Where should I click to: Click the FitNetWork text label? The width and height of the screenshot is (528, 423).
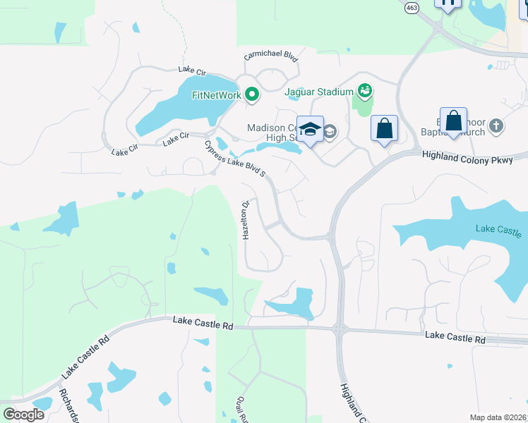point(216,95)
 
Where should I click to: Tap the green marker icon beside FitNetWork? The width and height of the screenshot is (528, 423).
point(251,95)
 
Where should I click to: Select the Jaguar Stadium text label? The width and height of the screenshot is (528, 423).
point(318,92)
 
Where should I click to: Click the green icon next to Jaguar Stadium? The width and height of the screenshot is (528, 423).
point(365,90)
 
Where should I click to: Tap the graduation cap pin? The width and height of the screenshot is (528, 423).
point(310,129)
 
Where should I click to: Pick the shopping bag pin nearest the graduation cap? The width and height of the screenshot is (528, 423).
point(384,128)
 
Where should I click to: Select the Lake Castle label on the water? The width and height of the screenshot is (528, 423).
point(498,230)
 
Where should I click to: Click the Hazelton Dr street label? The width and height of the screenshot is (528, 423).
point(246,221)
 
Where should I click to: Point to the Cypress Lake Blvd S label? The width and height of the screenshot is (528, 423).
point(234,159)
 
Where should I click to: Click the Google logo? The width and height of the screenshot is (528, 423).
point(23,414)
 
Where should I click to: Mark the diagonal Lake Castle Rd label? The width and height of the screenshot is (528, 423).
point(86,355)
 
